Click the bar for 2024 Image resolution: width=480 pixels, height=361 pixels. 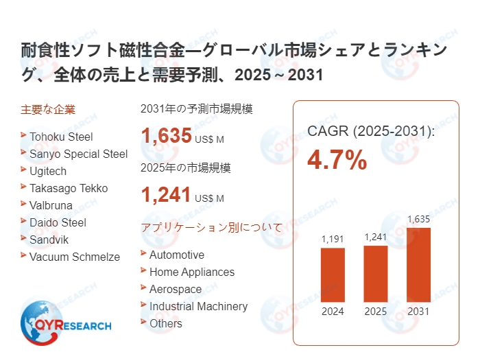tap(333, 275)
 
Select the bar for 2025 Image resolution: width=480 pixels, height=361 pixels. tap(375, 272)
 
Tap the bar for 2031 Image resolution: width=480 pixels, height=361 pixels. tap(418, 264)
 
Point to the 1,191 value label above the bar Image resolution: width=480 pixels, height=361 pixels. tap(333, 240)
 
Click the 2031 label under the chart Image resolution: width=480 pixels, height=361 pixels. tap(418, 311)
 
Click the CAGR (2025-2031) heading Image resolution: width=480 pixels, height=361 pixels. tap(371, 130)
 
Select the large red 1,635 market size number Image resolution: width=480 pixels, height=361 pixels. tap(166, 136)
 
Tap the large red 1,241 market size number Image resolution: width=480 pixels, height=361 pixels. tap(166, 196)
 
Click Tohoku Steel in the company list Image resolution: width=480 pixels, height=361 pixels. tap(61, 137)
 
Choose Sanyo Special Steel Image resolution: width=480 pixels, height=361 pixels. tap(78, 154)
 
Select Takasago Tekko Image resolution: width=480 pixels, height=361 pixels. tap(69, 188)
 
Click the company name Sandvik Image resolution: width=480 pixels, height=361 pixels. tap(49, 240)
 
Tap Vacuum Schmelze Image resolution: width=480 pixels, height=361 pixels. tap(74, 257)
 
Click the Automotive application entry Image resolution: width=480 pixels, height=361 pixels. tap(177, 255)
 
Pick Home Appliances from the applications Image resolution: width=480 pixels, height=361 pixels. tap(192, 272)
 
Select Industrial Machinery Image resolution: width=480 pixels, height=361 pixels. tap(198, 306)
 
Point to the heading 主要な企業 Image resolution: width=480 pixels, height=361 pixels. tap(48, 109)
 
